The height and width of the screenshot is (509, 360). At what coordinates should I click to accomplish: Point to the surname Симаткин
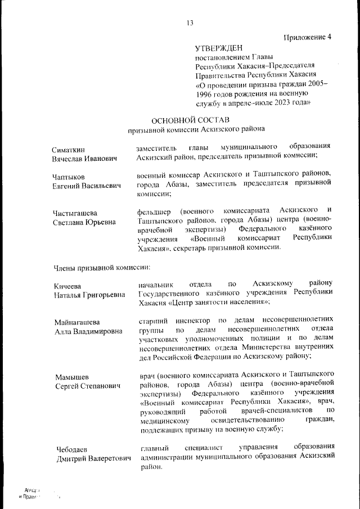69,150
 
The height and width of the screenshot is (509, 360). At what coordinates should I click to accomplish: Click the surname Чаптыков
69,177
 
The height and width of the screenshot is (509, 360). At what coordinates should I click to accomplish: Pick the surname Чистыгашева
75,213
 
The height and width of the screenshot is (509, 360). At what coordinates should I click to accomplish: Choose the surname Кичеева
68,287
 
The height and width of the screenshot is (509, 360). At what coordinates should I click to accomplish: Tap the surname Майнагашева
77,322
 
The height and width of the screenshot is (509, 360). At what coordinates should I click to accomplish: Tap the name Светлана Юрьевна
84,222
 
